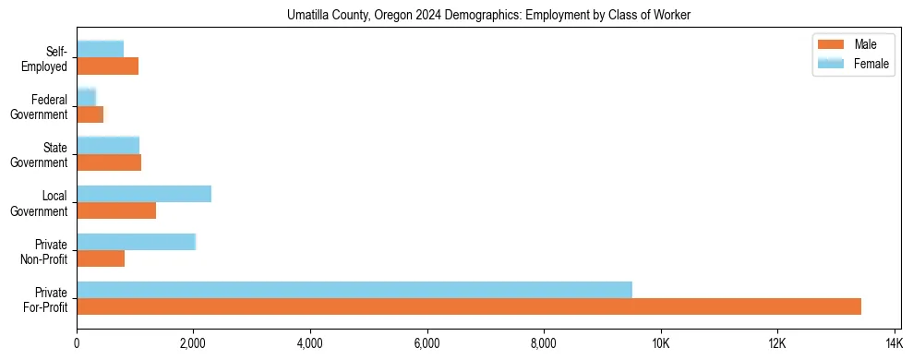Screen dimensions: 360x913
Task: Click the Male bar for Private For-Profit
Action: tap(469, 306)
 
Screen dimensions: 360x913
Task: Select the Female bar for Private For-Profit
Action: tap(354, 290)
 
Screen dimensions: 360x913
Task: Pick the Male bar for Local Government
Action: tap(116, 210)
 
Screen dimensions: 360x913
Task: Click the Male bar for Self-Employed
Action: tap(107, 66)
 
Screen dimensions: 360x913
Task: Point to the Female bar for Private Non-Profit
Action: tap(136, 242)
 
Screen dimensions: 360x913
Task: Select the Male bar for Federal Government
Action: tap(90, 114)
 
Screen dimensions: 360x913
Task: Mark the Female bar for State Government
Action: tap(108, 146)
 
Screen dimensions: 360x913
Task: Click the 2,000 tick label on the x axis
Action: tap(194, 343)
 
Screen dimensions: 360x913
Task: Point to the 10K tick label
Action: tap(661, 343)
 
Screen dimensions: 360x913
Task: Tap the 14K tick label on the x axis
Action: tap(894, 343)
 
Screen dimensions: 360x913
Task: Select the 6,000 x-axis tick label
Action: tap(427, 343)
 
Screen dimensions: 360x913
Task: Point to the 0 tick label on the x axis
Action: tap(78, 343)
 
